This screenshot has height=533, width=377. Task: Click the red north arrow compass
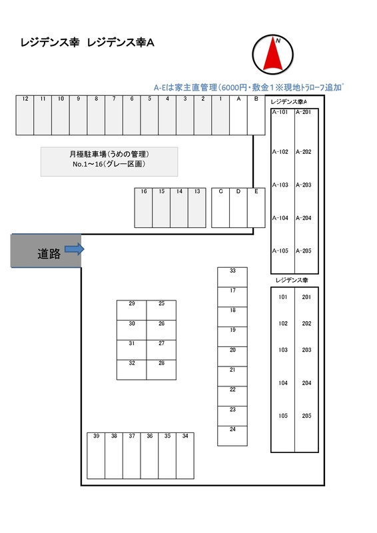(272, 55)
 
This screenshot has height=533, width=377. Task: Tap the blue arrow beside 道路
(75, 249)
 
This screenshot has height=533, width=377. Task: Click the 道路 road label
(49, 254)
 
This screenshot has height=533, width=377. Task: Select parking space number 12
(25, 115)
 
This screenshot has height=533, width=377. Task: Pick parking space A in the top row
(238, 115)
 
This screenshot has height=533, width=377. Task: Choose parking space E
(256, 208)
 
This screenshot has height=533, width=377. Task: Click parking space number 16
(143, 208)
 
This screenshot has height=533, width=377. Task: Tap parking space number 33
(232, 277)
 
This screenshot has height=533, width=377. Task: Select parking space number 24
(232, 436)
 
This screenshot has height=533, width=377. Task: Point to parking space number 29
(132, 310)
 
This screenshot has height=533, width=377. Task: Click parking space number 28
(161, 370)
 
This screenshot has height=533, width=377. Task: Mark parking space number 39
(96, 456)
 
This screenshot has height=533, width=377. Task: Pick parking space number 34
(185, 456)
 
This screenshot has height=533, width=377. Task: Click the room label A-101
(280, 112)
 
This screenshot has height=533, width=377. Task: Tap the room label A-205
(304, 251)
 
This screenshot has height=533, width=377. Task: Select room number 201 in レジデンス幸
(306, 297)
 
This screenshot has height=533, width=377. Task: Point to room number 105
(283, 416)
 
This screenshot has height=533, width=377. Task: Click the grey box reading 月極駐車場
(109, 162)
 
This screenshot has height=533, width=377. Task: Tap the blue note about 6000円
(248, 87)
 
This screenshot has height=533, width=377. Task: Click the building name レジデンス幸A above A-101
(289, 102)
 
